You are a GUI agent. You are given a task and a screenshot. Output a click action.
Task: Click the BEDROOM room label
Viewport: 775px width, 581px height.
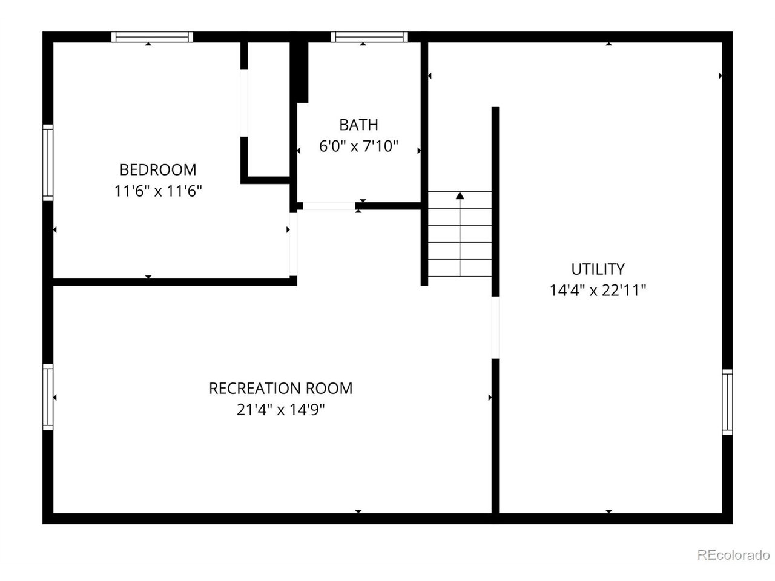(x=158, y=169)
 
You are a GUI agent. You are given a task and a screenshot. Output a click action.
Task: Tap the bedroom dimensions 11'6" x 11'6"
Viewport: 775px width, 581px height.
(x=158, y=191)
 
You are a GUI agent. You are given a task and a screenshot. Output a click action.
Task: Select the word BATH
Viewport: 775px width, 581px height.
(x=358, y=125)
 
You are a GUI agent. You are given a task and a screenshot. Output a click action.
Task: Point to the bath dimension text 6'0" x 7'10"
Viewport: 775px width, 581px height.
(x=358, y=146)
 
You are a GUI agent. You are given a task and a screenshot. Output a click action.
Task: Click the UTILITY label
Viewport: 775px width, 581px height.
(x=598, y=269)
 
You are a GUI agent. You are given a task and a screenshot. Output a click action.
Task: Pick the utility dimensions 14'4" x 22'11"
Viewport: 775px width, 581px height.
(x=598, y=290)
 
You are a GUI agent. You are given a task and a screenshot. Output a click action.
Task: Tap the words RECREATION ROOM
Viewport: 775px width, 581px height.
(x=281, y=389)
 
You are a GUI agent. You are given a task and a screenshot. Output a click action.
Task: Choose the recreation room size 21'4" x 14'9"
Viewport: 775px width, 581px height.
(x=281, y=410)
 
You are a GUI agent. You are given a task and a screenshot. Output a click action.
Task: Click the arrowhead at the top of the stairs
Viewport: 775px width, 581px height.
(x=460, y=195)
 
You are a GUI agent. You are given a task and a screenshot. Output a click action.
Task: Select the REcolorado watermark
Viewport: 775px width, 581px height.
(x=733, y=554)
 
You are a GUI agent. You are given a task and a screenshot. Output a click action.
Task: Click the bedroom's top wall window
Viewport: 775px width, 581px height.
(x=152, y=37)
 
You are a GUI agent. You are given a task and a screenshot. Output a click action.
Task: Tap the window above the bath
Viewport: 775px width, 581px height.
(x=369, y=37)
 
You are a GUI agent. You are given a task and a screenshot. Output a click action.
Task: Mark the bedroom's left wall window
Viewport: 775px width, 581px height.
(x=48, y=163)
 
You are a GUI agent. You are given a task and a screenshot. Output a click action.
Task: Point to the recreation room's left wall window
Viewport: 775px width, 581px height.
(x=48, y=397)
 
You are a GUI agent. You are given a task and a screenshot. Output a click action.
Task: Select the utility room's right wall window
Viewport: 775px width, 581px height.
(x=727, y=402)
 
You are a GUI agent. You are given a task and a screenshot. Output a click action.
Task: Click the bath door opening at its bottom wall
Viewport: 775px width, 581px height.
(x=329, y=206)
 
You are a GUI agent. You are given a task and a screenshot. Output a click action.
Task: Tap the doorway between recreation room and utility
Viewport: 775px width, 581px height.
(x=495, y=327)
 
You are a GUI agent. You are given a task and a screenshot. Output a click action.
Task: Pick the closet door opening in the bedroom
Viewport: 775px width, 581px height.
(x=244, y=103)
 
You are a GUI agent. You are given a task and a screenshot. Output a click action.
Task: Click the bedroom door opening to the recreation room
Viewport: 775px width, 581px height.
(x=294, y=244)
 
